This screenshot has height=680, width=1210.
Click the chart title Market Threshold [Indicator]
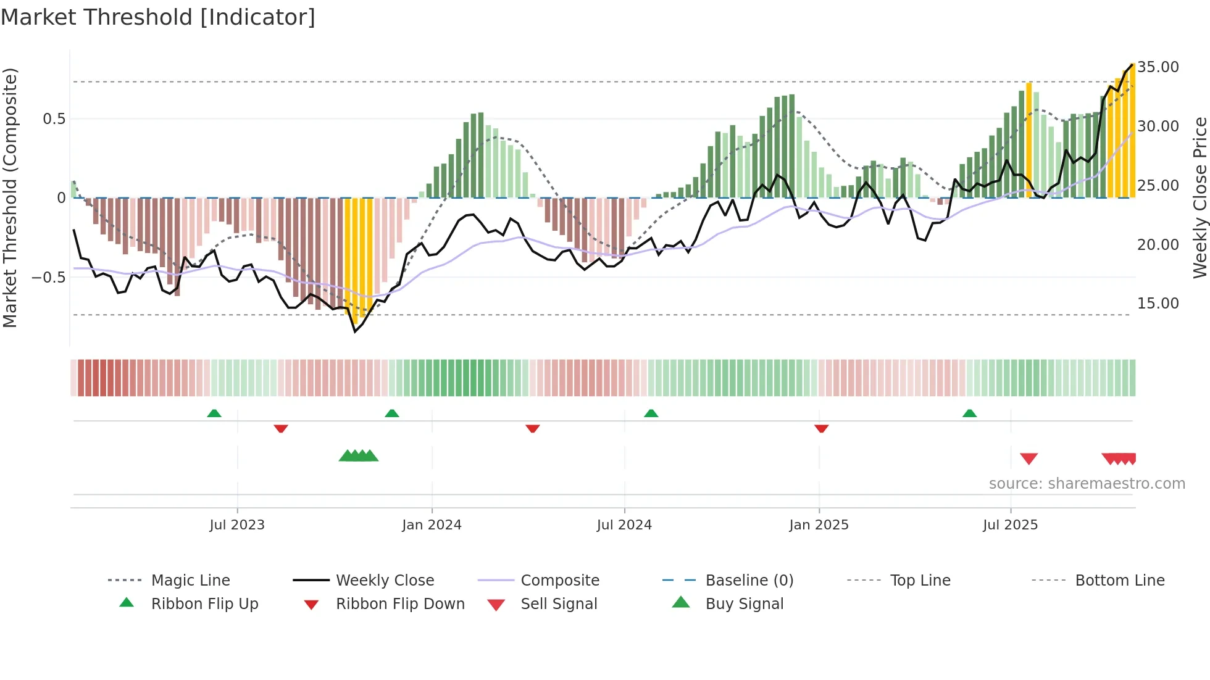[158, 17]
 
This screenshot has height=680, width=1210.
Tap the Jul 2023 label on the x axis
[237, 525]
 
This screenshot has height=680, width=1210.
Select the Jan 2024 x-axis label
[432, 525]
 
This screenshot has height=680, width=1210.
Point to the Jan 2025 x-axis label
[819, 525]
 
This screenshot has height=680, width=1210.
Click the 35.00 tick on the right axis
[1158, 67]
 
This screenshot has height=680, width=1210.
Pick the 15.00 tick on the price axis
[1158, 304]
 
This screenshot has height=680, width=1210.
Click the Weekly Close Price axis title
[1200, 197]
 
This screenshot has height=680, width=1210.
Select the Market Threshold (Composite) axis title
[10, 197]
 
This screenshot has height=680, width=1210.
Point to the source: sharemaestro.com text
[1087, 484]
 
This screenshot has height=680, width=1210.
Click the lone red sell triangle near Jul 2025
[1028, 458]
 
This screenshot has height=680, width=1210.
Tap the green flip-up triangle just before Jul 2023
[214, 413]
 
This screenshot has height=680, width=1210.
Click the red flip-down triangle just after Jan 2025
[821, 428]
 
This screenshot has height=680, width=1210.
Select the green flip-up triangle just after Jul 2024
[651, 413]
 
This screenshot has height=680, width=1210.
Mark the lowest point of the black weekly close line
[355, 332]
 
